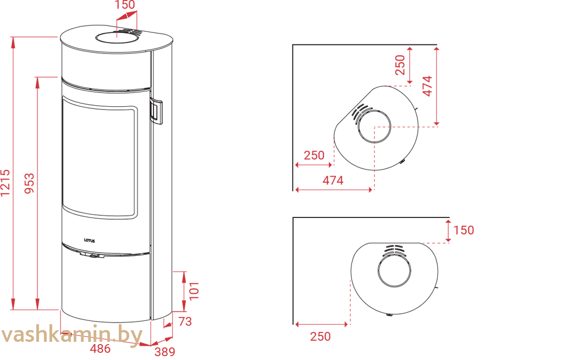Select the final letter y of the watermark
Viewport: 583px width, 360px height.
(x=136, y=337)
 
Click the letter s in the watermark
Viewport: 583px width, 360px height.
(x=32, y=335)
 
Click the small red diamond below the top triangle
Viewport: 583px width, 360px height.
(x=117, y=35)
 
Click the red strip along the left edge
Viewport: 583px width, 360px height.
(x=22, y=165)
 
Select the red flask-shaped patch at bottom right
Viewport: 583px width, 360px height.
(x=330, y=325)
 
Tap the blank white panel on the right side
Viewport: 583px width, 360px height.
(x=528, y=176)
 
